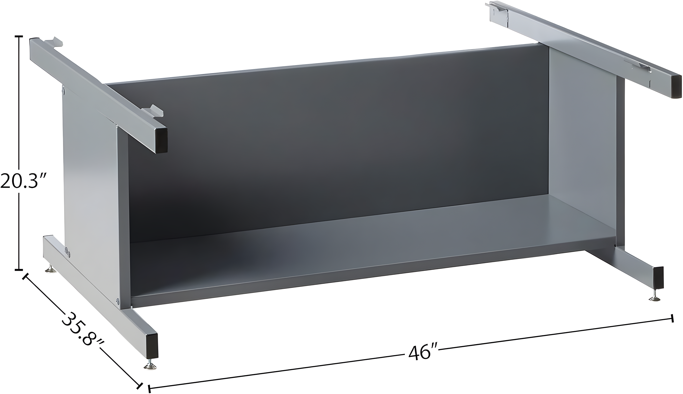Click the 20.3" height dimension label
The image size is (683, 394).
click(x=24, y=181)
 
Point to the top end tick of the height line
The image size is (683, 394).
click(x=19, y=36)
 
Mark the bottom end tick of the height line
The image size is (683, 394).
click(x=19, y=269)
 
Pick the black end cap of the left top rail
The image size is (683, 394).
click(x=161, y=141)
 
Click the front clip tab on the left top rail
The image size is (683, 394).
click(x=153, y=111)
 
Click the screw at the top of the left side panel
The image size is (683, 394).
click(x=64, y=91)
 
